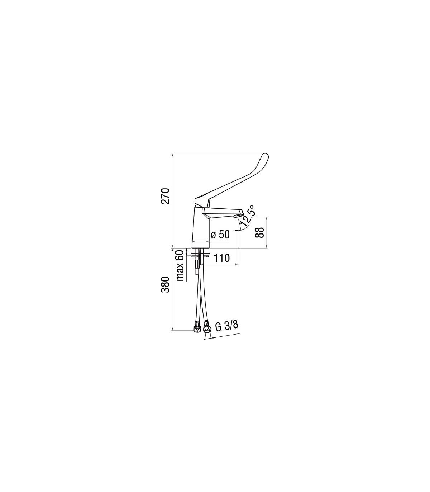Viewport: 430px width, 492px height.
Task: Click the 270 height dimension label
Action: pos(165,197)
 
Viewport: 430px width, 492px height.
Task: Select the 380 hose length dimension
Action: pos(165,284)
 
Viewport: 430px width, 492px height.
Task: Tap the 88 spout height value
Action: pos(260,232)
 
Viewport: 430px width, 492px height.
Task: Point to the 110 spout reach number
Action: pos(221,258)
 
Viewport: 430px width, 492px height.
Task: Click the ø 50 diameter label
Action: pos(220,235)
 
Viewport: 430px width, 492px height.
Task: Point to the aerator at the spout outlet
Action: pos(236,217)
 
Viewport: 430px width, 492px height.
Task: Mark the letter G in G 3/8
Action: pos(218,327)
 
